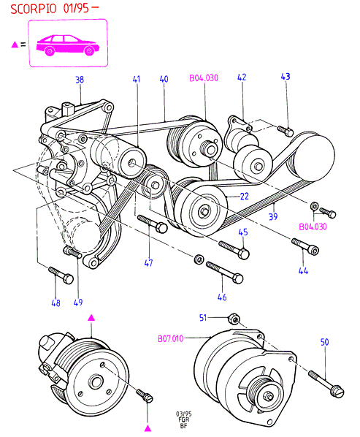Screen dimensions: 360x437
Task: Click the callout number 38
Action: click(x=80, y=80)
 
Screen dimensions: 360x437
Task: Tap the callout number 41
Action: click(x=137, y=79)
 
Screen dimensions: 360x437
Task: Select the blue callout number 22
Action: click(x=244, y=196)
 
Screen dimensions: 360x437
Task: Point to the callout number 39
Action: click(x=273, y=216)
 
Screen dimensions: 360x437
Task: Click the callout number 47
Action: click(x=148, y=263)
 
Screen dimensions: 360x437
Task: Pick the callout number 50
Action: click(x=325, y=342)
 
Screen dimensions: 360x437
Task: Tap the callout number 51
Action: click(x=203, y=317)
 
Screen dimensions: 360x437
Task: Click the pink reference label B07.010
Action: click(x=171, y=338)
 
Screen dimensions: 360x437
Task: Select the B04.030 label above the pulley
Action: click(x=204, y=77)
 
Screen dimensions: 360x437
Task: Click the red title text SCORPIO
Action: click(x=34, y=9)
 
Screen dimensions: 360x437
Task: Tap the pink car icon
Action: click(x=68, y=45)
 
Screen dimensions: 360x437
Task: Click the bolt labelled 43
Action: click(x=286, y=131)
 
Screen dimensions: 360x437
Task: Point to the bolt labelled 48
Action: click(x=61, y=275)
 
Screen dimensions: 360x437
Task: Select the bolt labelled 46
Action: click(x=224, y=273)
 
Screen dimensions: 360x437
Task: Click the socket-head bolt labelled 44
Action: click(x=305, y=246)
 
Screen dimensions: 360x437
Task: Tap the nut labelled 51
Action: click(x=233, y=319)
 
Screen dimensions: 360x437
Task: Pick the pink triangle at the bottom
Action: click(x=148, y=428)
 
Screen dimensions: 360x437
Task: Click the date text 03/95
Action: click(x=184, y=414)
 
